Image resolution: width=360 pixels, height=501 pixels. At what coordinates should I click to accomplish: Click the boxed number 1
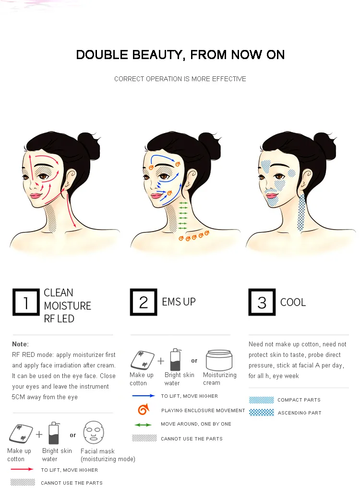coord(25,302)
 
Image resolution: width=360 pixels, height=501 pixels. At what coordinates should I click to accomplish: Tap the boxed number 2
coord(144,302)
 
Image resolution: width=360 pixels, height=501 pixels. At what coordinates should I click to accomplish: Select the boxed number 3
coord(262,302)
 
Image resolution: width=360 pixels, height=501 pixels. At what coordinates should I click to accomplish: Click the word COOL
coord(293,303)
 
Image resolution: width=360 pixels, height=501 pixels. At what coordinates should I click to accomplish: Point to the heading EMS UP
coord(179,302)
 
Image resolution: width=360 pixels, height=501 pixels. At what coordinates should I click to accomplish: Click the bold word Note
coord(20,344)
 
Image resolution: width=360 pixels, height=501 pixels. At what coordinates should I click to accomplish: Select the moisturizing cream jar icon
coord(219,360)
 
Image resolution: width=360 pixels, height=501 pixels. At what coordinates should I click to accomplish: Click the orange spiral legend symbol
coord(143,410)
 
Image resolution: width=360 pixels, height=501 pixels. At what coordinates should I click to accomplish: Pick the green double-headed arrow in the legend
coord(143,425)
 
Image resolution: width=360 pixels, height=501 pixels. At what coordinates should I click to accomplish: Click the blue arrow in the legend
coord(144,396)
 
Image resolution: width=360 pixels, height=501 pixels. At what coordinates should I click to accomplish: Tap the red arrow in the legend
coord(22,469)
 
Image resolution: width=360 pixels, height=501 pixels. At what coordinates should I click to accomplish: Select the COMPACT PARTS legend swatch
coord(262,400)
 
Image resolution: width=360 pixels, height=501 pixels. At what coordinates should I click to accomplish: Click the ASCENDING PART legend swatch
coord(262,413)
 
